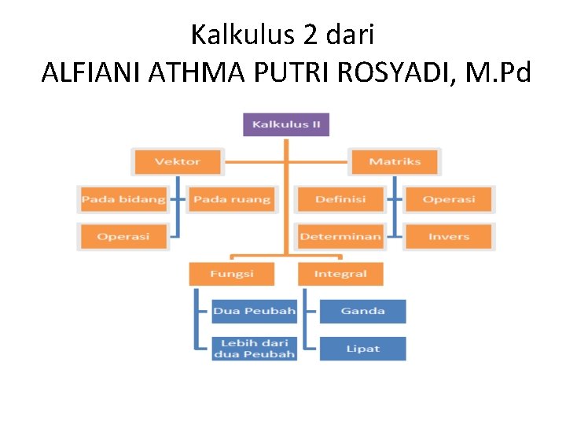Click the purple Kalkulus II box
285,124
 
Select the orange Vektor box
178,161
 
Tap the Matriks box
395,161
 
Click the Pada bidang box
123,199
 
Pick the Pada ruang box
232,199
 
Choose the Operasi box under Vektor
123,236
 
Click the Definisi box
340,199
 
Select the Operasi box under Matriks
448,199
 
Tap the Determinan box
340,236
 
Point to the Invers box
448,236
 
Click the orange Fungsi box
232,274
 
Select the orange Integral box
340,274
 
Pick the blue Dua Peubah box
254,311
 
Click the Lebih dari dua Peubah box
254,349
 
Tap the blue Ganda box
362,311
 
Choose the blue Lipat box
362,349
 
